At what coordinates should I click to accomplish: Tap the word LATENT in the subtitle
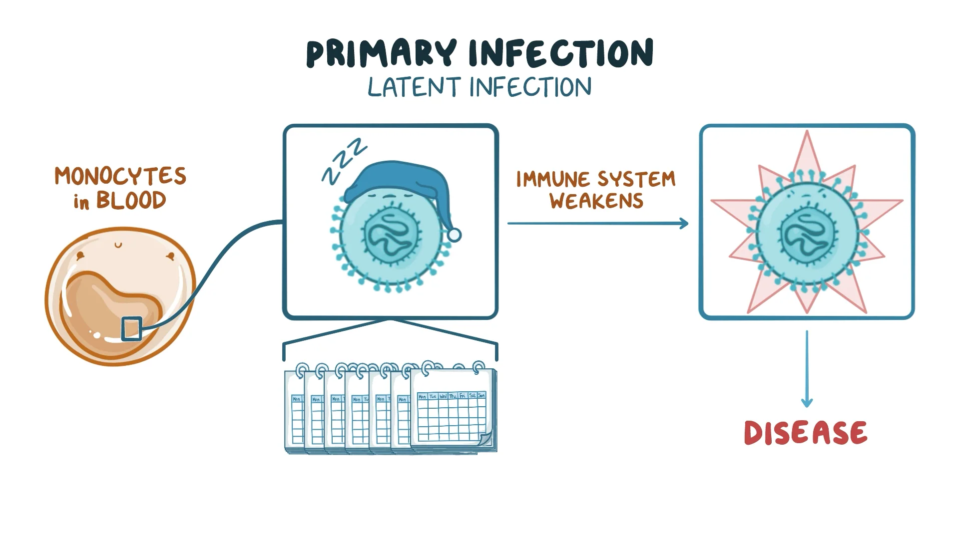[x=414, y=87]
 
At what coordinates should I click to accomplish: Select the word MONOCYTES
[x=120, y=176]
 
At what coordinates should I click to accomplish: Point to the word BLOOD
[x=131, y=201]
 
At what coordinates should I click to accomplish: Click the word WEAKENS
[x=596, y=201]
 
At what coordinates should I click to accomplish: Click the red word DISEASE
[x=805, y=433]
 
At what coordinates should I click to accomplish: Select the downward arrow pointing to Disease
[x=807, y=369]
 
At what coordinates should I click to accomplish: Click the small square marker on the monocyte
[x=132, y=328]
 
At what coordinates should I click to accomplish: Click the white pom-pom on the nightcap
[x=454, y=234]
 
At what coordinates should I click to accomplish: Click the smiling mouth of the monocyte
[x=118, y=245]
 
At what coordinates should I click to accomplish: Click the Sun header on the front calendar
[x=481, y=396]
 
